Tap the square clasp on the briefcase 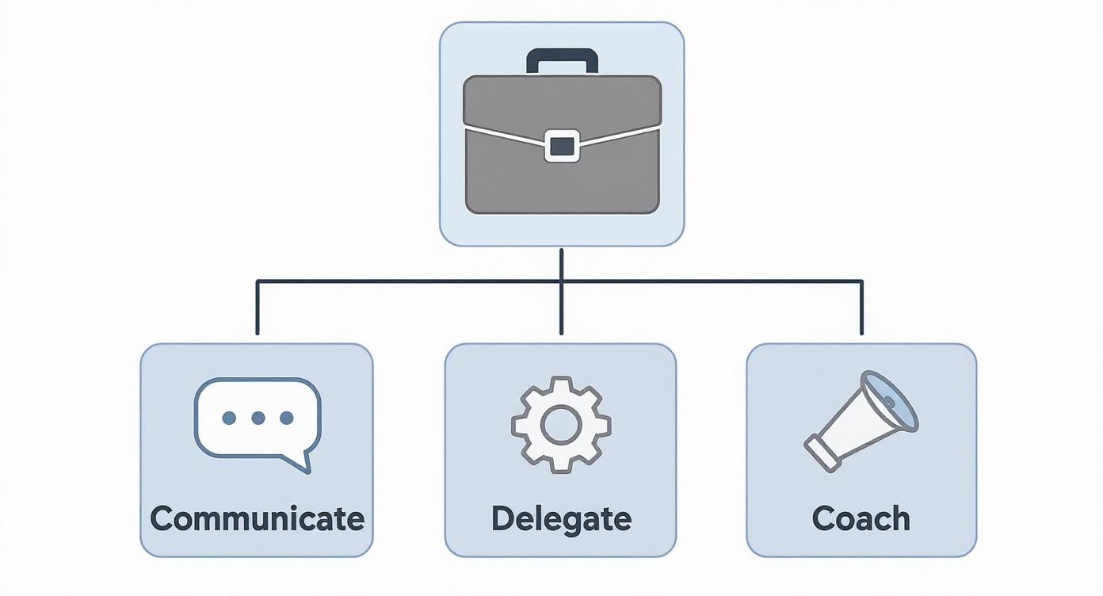[562, 147]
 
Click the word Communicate [257, 518]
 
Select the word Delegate [561, 518]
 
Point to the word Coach [861, 518]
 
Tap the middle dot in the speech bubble [258, 418]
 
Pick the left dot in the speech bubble [229, 418]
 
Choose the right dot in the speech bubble [286, 418]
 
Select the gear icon [561, 425]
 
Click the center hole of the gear [561, 425]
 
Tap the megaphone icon [861, 420]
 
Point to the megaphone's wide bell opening [891, 400]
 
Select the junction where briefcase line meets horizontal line [561, 281]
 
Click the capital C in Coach [826, 518]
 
